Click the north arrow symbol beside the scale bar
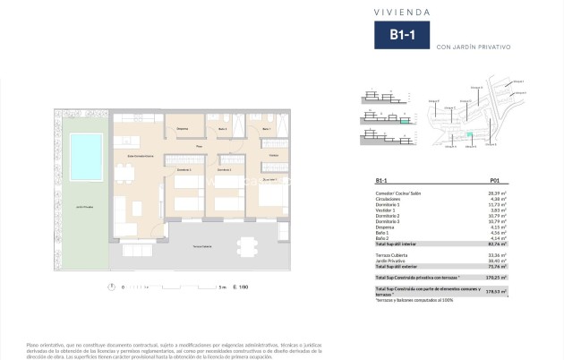[x=110, y=287]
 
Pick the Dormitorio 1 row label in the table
[x=389, y=204]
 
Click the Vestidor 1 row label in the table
[x=387, y=210]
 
